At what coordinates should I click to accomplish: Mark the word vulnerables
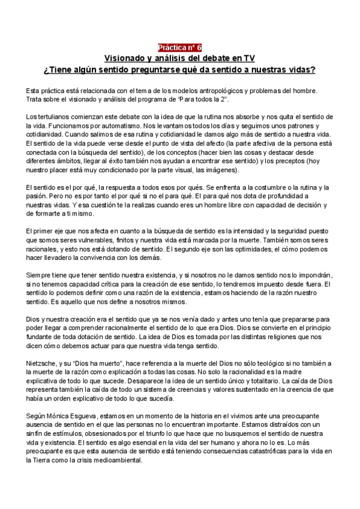tap(95, 241)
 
